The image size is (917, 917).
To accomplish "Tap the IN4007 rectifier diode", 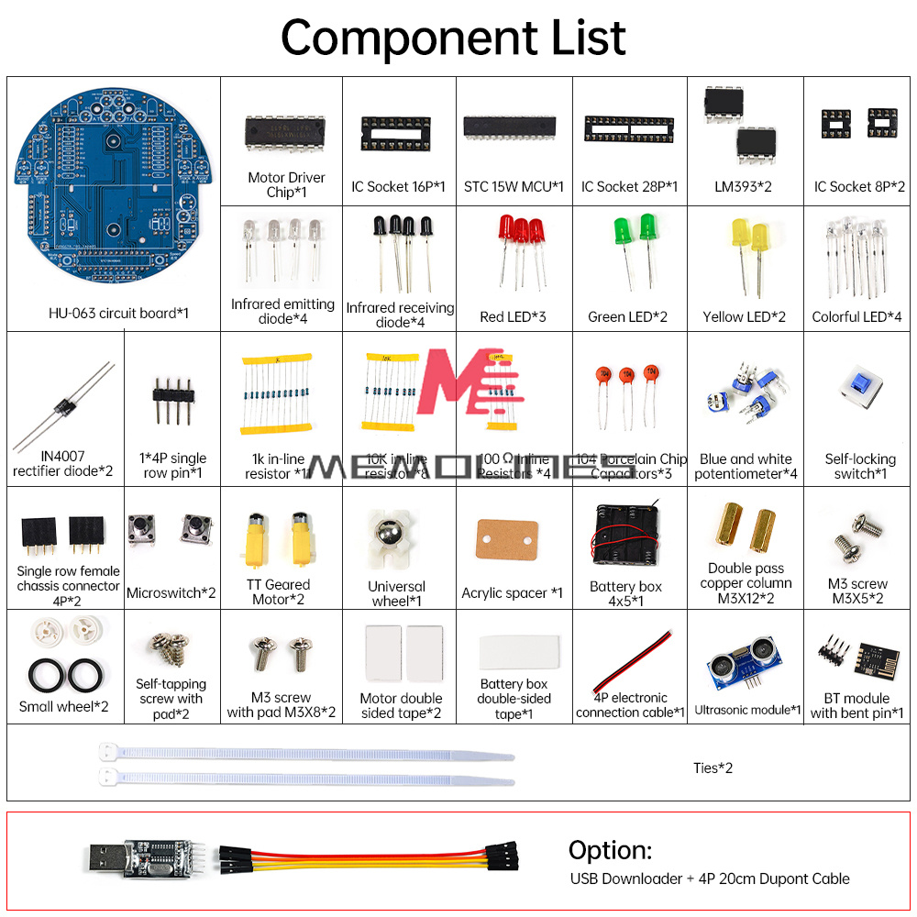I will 64,407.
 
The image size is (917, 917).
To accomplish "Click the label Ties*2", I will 713,768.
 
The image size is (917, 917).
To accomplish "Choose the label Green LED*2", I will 627,317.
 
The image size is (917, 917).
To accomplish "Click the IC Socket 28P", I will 628,128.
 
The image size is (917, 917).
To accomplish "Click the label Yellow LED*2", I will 744,317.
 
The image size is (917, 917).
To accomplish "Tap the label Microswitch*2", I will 171,593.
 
